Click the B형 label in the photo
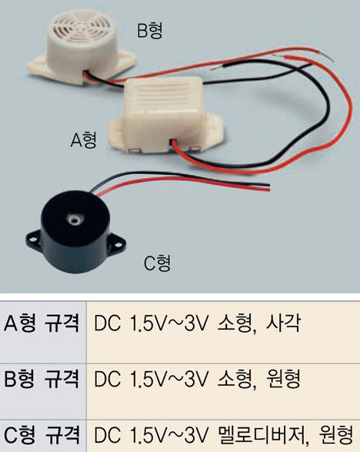[x=150, y=31]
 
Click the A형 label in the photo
[x=84, y=140]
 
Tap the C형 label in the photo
[x=157, y=263]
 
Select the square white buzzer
[x=165, y=117]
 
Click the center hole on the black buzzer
[x=74, y=219]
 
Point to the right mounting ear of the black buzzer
[x=117, y=245]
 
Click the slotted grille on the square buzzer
[x=167, y=94]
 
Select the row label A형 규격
[x=42, y=323]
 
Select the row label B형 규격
[x=42, y=379]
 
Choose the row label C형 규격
[x=42, y=435]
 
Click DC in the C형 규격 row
[x=107, y=435]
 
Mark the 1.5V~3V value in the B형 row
[x=168, y=380]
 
